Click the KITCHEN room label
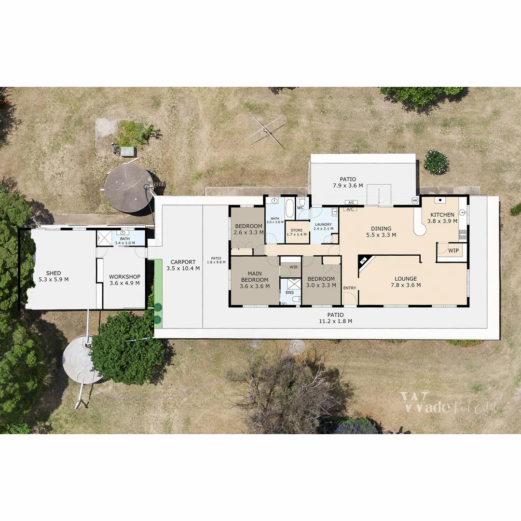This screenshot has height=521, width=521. (x=442, y=215)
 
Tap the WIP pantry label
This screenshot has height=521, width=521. (x=453, y=251)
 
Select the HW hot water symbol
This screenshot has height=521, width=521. (x=414, y=200)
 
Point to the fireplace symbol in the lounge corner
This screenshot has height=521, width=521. (x=363, y=261)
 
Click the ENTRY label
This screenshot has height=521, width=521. (x=350, y=288)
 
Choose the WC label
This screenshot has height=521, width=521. (x=301, y=208)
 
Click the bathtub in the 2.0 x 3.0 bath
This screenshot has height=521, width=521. (x=289, y=208)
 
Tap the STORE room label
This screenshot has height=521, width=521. (x=297, y=230)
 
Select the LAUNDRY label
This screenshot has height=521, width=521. (x=323, y=224)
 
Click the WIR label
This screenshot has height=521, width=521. (x=293, y=267)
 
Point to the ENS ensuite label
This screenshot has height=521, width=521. (x=289, y=292)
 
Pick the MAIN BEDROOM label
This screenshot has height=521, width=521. (x=255, y=276)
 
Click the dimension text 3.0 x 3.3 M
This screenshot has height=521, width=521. (x=321, y=286)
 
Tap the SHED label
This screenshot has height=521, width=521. (x=54, y=273)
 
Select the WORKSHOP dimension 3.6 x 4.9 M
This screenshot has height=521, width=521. (x=124, y=283)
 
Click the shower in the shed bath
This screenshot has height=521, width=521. (x=104, y=238)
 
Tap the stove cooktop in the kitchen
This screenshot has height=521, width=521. (x=463, y=234)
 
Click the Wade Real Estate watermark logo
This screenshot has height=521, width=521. (x=449, y=404)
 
